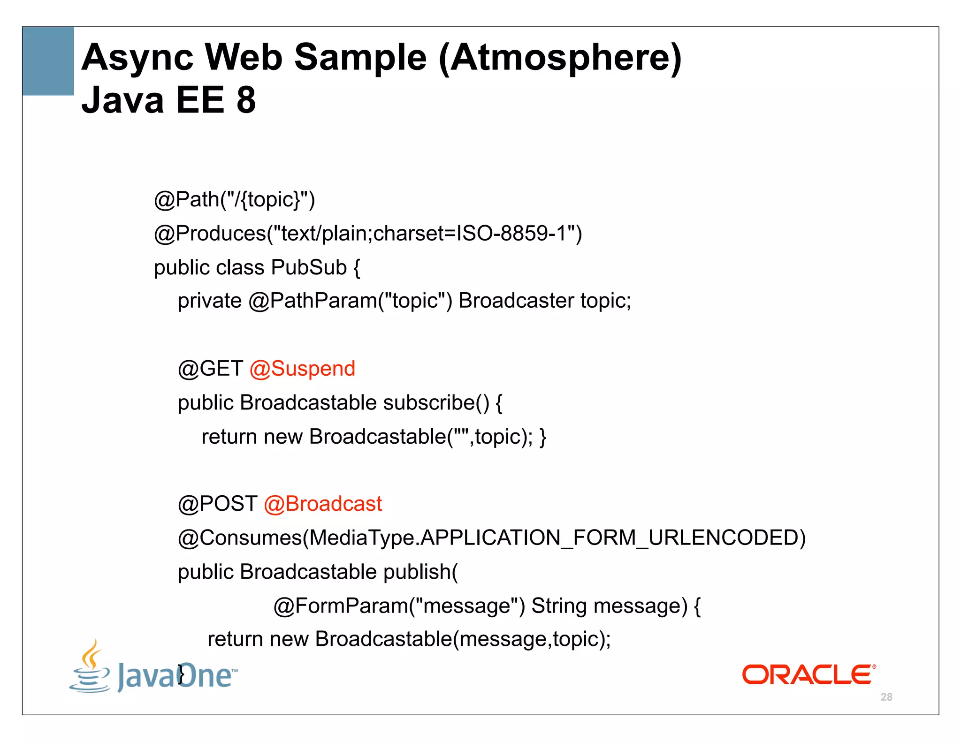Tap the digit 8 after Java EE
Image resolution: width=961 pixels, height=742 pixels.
pos(246,100)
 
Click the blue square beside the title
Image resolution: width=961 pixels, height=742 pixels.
pos(48,61)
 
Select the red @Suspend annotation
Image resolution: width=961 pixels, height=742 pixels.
pos(302,369)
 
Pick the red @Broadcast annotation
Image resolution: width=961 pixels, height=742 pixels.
pos(323,504)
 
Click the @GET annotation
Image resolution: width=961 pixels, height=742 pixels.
pos(210,369)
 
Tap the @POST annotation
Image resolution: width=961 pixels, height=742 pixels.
pos(217,504)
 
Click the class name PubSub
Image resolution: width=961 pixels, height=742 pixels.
pos(309,267)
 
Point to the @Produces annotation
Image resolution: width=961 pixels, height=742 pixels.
pos(210,234)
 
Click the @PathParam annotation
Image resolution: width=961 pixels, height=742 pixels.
pos(313,301)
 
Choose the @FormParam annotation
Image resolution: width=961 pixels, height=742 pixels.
pos(341,606)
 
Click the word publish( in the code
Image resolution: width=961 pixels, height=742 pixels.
pos(420,572)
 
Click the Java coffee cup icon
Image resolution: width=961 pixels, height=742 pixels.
pos(90,667)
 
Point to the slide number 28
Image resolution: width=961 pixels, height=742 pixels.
pos(886,697)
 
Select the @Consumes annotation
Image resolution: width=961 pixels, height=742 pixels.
pos(240,538)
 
